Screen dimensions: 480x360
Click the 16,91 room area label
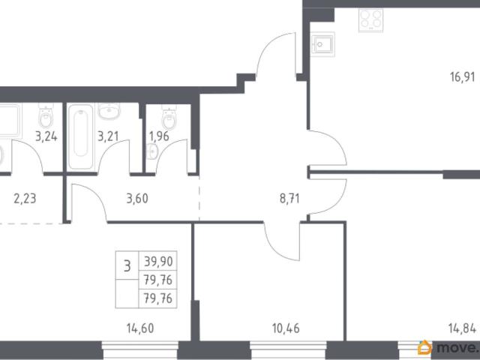pyautogui.click(x=462, y=76)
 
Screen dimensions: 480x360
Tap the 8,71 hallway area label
pyautogui.click(x=289, y=199)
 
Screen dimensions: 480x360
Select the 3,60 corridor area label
pyautogui.click(x=137, y=199)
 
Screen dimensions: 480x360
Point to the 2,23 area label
pyautogui.click(x=25, y=199)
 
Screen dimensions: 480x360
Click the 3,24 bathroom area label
pyautogui.click(x=46, y=136)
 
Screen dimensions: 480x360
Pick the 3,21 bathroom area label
pyautogui.click(x=108, y=136)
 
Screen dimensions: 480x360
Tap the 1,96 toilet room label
pyautogui.click(x=159, y=136)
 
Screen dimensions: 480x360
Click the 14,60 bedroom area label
pyautogui.click(x=140, y=328)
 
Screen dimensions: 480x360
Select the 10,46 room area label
pyautogui.click(x=286, y=328)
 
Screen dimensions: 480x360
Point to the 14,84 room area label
pyautogui.click(x=462, y=328)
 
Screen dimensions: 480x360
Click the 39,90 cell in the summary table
pyautogui.click(x=158, y=262)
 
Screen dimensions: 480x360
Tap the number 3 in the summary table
pyautogui.click(x=127, y=265)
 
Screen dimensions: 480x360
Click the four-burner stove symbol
pyautogui.click(x=371, y=20)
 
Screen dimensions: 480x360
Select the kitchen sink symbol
pyautogui.click(x=322, y=44)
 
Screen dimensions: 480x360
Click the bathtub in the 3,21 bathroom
pyautogui.click(x=80, y=136)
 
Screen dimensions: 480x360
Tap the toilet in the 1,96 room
pyautogui.click(x=169, y=118)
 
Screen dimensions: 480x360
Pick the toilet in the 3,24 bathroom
pyautogui.click(x=46, y=115)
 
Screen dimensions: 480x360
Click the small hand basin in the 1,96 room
pyautogui.click(x=151, y=151)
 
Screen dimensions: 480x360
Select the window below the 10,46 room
pyautogui.click(x=288, y=350)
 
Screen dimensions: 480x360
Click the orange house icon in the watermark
pyautogui.click(x=425, y=348)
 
